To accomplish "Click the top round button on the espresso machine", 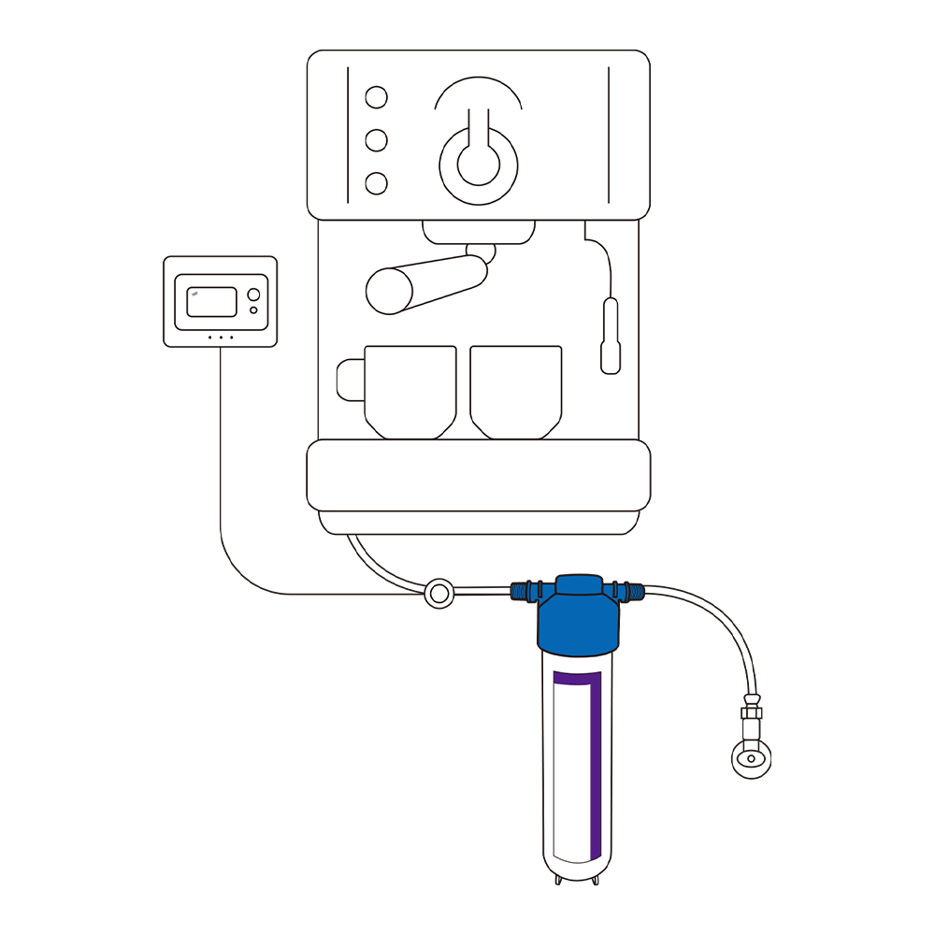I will click(x=376, y=97).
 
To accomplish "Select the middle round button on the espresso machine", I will click(x=376, y=140).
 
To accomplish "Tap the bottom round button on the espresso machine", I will click(x=376, y=183).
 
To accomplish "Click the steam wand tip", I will click(x=611, y=360).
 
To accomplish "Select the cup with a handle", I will click(x=410, y=390).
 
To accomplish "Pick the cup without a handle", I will click(x=516, y=390).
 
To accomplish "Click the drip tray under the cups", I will click(x=479, y=475).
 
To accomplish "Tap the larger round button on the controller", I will click(x=253, y=295).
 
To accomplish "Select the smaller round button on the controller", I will click(x=253, y=309).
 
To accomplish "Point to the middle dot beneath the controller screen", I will click(x=221, y=337).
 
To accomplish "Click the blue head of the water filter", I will click(x=578, y=622).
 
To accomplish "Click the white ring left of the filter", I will click(x=438, y=593).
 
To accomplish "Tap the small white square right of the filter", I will click(x=751, y=729).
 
